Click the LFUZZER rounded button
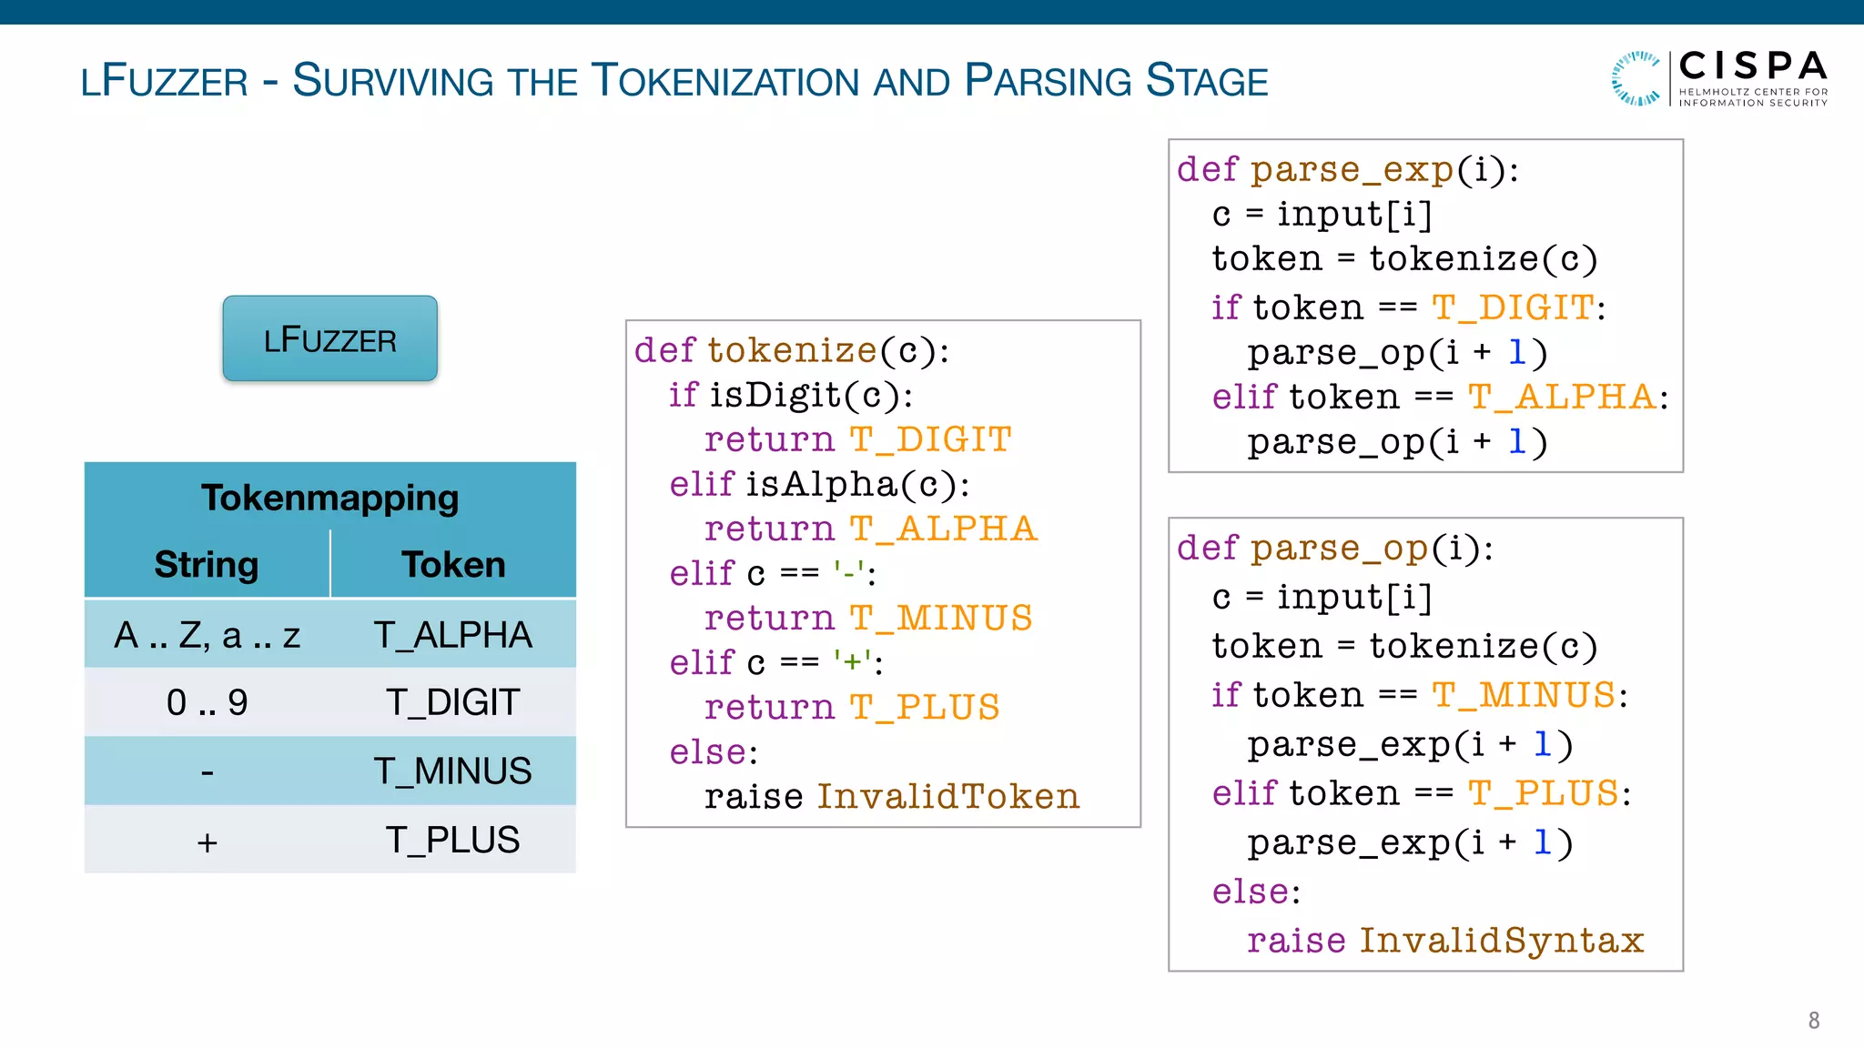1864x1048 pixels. point(329,338)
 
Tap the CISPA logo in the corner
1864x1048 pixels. point(1719,78)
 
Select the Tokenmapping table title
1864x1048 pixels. point(329,498)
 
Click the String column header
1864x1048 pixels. point(207,564)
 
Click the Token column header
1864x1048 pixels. point(453,564)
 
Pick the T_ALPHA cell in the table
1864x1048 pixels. point(452,634)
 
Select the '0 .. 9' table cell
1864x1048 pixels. point(207,702)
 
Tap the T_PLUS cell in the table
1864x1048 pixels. point(452,840)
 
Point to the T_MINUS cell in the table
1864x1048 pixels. point(452,771)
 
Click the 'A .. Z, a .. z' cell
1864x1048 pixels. point(207,634)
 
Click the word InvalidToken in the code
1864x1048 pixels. point(947,796)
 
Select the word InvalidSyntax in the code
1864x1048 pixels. point(1502,940)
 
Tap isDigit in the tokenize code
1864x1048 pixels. point(775,395)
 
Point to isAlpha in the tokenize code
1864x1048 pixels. point(822,484)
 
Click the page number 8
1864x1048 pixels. point(1813,1021)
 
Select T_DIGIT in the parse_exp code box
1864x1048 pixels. point(1513,307)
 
